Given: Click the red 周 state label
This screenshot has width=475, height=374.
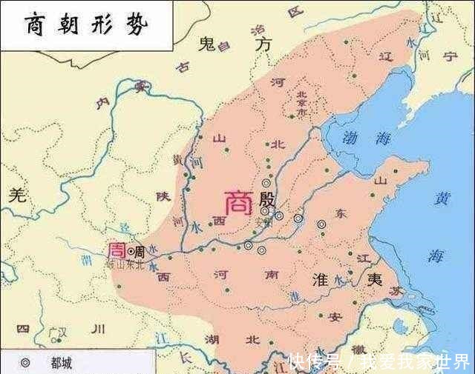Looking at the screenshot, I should click(117, 250).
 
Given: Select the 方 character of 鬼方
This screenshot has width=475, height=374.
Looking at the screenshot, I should click(262, 44).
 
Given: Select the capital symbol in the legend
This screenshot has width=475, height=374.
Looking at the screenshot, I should click(25, 364).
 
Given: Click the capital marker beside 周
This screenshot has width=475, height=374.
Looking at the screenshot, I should click(131, 251).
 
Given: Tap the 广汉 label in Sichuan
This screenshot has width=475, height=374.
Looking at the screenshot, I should click(58, 330).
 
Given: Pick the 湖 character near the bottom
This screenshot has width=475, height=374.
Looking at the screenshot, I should click(212, 340).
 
